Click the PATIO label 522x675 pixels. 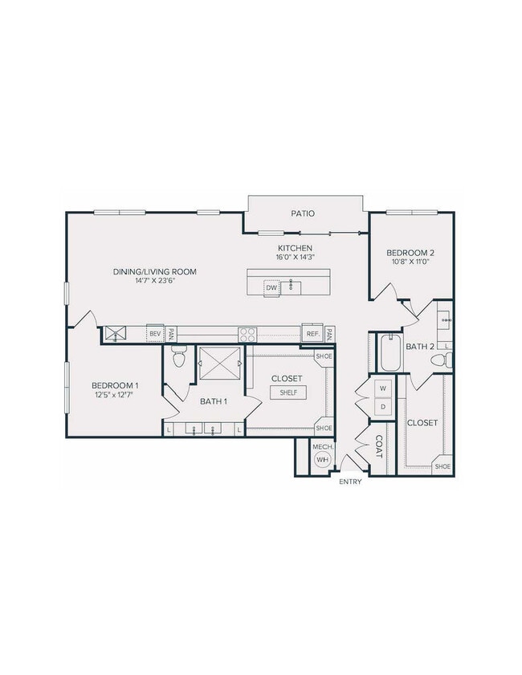[303, 213]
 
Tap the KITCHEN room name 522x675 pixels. [295, 248]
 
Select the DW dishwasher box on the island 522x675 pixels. [271, 287]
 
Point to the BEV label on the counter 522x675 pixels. [155, 333]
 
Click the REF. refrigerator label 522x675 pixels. [311, 333]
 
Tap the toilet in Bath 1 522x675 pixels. [179, 356]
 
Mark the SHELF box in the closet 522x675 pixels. [287, 392]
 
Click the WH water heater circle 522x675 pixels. [322, 460]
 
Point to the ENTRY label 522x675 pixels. [351, 482]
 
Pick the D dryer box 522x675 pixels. [382, 407]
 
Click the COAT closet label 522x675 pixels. [378, 446]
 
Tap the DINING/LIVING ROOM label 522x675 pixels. [155, 271]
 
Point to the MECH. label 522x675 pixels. [322, 445]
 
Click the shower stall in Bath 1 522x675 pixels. [219, 363]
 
